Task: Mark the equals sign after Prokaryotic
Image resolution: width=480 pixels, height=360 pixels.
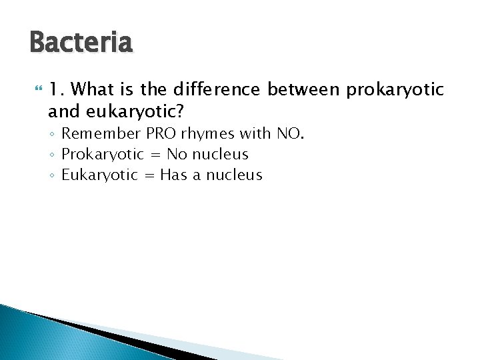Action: click(155, 155)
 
